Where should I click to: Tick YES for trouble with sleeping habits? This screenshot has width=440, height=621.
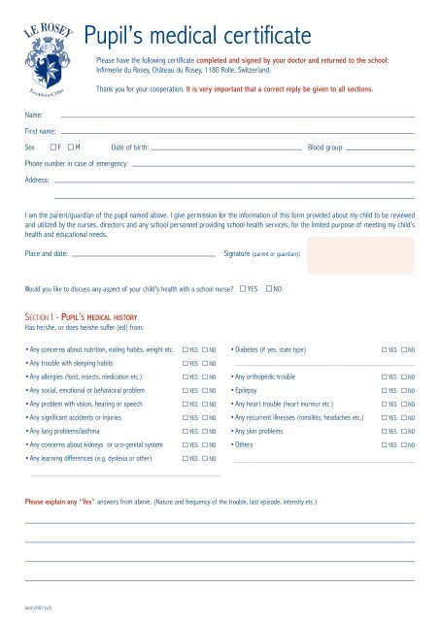click(x=186, y=362)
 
